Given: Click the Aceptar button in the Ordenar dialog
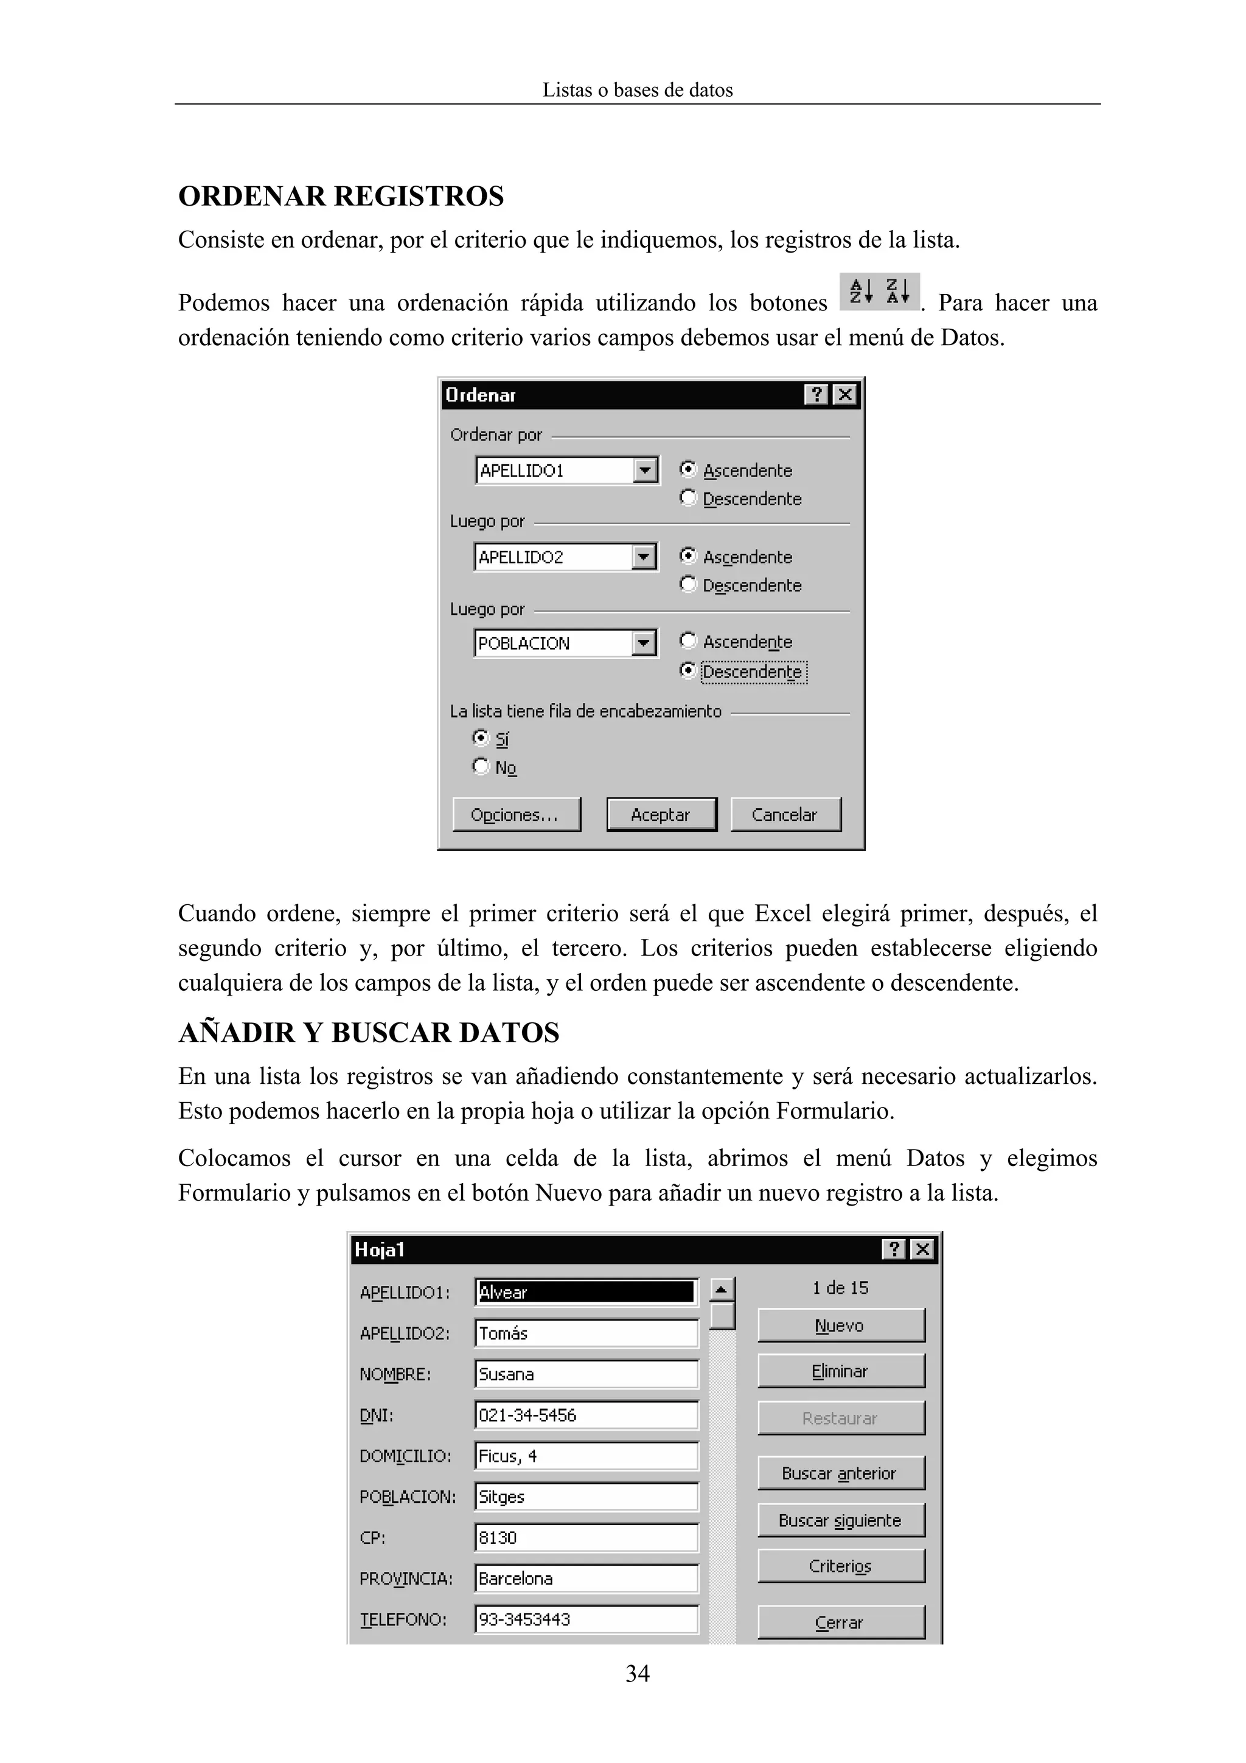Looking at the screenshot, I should (660, 815).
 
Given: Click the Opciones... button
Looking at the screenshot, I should (515, 815).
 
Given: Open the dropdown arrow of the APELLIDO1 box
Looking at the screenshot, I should (646, 470).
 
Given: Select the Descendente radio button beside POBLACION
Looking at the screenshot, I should (688, 671).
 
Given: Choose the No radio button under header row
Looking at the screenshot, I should (481, 766).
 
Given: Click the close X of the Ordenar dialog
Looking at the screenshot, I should (844, 395).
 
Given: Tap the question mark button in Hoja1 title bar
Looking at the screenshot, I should (894, 1250).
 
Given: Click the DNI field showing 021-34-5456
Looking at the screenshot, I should (586, 1415).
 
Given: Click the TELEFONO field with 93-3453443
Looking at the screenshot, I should (586, 1619).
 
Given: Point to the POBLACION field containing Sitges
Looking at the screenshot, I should (586, 1496).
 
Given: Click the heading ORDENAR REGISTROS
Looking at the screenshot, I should (341, 197).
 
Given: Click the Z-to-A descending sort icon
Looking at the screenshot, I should (897, 292).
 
